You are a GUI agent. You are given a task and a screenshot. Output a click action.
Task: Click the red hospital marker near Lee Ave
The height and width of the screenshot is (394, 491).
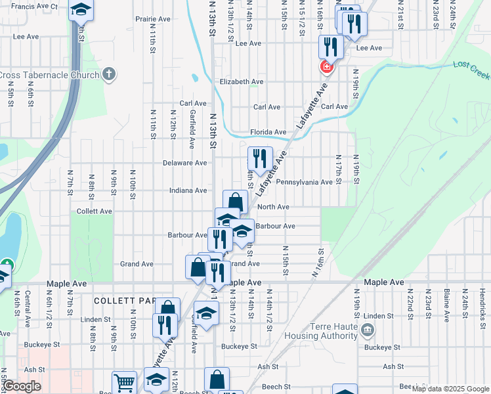point(326,67)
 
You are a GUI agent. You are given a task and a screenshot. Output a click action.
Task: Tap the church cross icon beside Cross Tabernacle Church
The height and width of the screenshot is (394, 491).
point(110,74)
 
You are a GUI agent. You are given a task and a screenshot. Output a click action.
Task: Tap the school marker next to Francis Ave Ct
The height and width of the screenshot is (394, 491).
point(81,9)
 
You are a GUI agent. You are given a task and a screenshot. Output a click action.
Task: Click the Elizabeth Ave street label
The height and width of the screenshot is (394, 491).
point(242,81)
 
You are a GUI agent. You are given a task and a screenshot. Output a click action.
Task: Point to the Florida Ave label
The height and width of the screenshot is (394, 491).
point(268,132)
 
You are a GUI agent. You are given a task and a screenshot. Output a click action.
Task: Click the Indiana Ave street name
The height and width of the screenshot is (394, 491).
point(188,190)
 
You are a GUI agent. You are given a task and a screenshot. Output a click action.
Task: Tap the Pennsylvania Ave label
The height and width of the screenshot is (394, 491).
point(304,182)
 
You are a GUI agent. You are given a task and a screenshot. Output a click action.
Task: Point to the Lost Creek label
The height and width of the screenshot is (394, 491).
point(471,69)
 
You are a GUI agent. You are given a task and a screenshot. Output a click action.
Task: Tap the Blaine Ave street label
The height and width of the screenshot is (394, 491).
point(446,305)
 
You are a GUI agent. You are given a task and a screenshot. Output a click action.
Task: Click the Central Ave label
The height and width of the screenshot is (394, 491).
point(28,309)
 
